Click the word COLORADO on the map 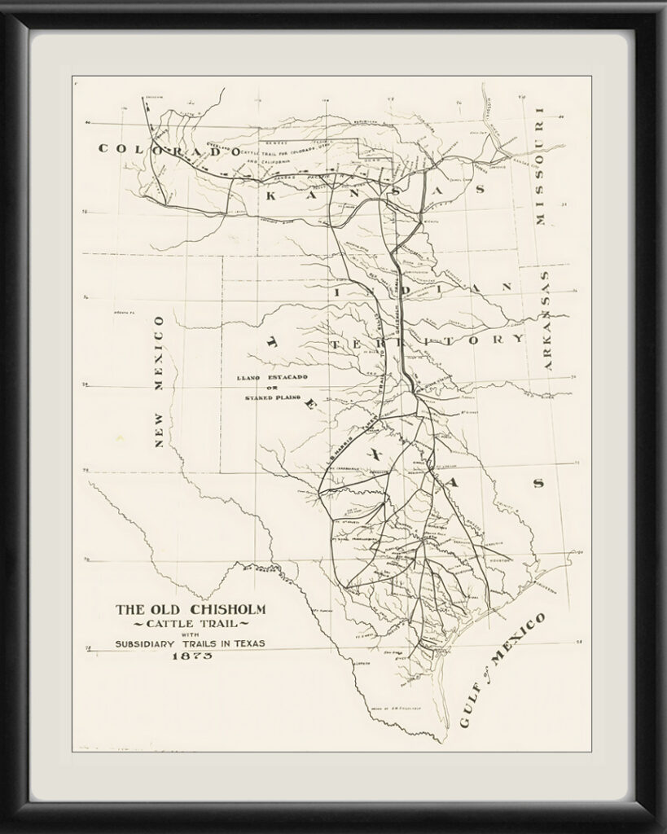(169, 151)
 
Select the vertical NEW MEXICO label (159, 381)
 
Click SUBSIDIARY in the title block (151, 643)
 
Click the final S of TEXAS (537, 483)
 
